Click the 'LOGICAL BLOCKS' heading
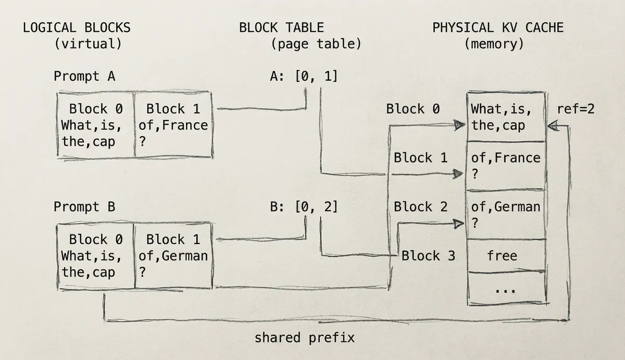77,28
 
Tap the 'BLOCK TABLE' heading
281,28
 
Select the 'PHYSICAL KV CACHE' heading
498,28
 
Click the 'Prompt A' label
84,77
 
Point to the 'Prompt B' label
84,207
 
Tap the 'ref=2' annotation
576,109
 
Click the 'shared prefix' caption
304,338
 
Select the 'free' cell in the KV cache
502,255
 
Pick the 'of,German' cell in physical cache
505,214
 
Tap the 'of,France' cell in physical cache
505,165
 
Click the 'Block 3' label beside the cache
428,256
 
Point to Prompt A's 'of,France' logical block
173,125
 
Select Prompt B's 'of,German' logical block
173,256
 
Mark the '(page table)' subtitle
316,44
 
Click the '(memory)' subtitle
494,44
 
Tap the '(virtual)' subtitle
88,44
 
